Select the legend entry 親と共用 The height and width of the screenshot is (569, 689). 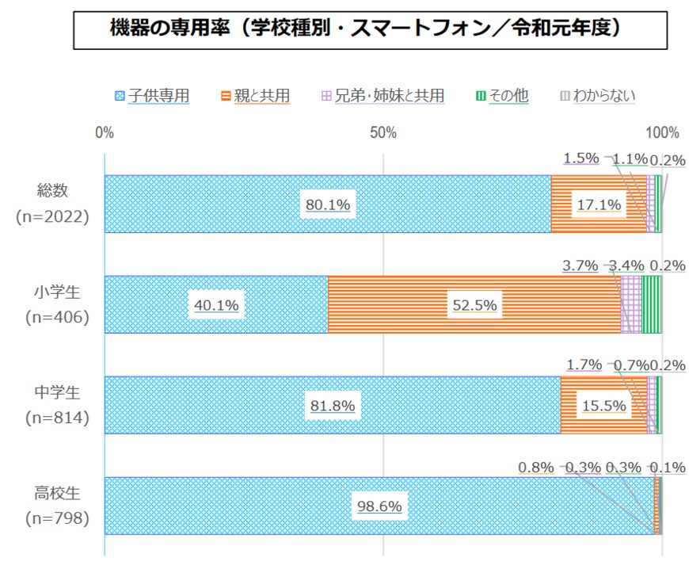tap(254, 96)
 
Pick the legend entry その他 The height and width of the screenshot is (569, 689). tap(501, 96)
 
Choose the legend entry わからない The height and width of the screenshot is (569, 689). tap(597, 96)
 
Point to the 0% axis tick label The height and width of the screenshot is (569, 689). tap(105, 132)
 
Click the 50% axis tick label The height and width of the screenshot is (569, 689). tap(383, 132)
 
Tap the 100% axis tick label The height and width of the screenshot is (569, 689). tap(660, 132)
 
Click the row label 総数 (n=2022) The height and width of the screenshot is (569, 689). tap(53, 204)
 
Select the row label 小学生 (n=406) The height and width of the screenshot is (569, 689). tap(53, 304)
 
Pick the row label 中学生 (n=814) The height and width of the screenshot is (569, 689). tap(53, 405)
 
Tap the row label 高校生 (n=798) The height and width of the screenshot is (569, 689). tap(53, 506)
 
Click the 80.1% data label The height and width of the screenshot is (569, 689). tap(327, 204)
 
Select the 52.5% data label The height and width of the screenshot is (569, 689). tap(474, 305)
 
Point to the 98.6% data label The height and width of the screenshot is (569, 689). tap(379, 506)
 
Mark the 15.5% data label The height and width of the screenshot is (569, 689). tap(603, 406)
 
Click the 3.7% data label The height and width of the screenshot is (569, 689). tap(580, 265)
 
